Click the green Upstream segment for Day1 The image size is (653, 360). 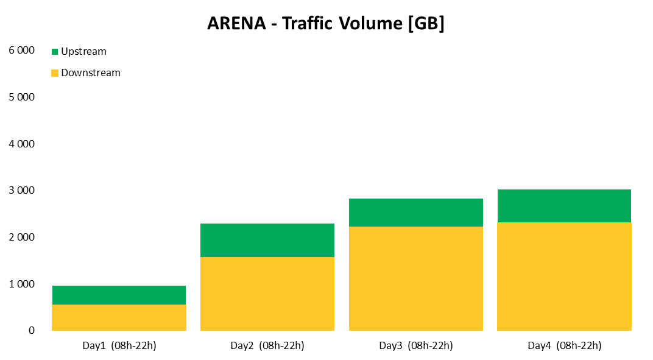pos(119,295)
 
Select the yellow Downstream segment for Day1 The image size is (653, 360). pos(119,317)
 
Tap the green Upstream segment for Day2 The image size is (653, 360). pos(267,240)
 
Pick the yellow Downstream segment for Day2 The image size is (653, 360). pos(267,294)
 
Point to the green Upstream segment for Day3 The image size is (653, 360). pos(416,213)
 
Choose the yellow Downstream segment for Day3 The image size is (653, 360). pos(416,278)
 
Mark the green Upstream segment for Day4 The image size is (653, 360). pos(564,206)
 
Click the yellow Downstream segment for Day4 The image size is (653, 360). pos(564,277)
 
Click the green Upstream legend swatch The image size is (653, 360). pos(55,52)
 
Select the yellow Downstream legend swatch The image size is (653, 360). pos(55,73)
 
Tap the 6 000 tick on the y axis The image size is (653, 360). pos(22,50)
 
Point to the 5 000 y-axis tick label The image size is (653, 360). pos(22,97)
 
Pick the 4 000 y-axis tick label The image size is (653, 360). pos(22,144)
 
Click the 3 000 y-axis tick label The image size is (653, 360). pos(22,191)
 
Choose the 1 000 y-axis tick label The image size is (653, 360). pos(22,284)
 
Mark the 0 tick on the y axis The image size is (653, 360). pos(32,330)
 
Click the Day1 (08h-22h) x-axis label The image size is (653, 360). pos(119,346)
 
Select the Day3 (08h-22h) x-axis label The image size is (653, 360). pos(416,346)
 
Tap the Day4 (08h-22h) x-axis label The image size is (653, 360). pos(564,346)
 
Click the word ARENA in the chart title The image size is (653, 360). pos(236,23)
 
